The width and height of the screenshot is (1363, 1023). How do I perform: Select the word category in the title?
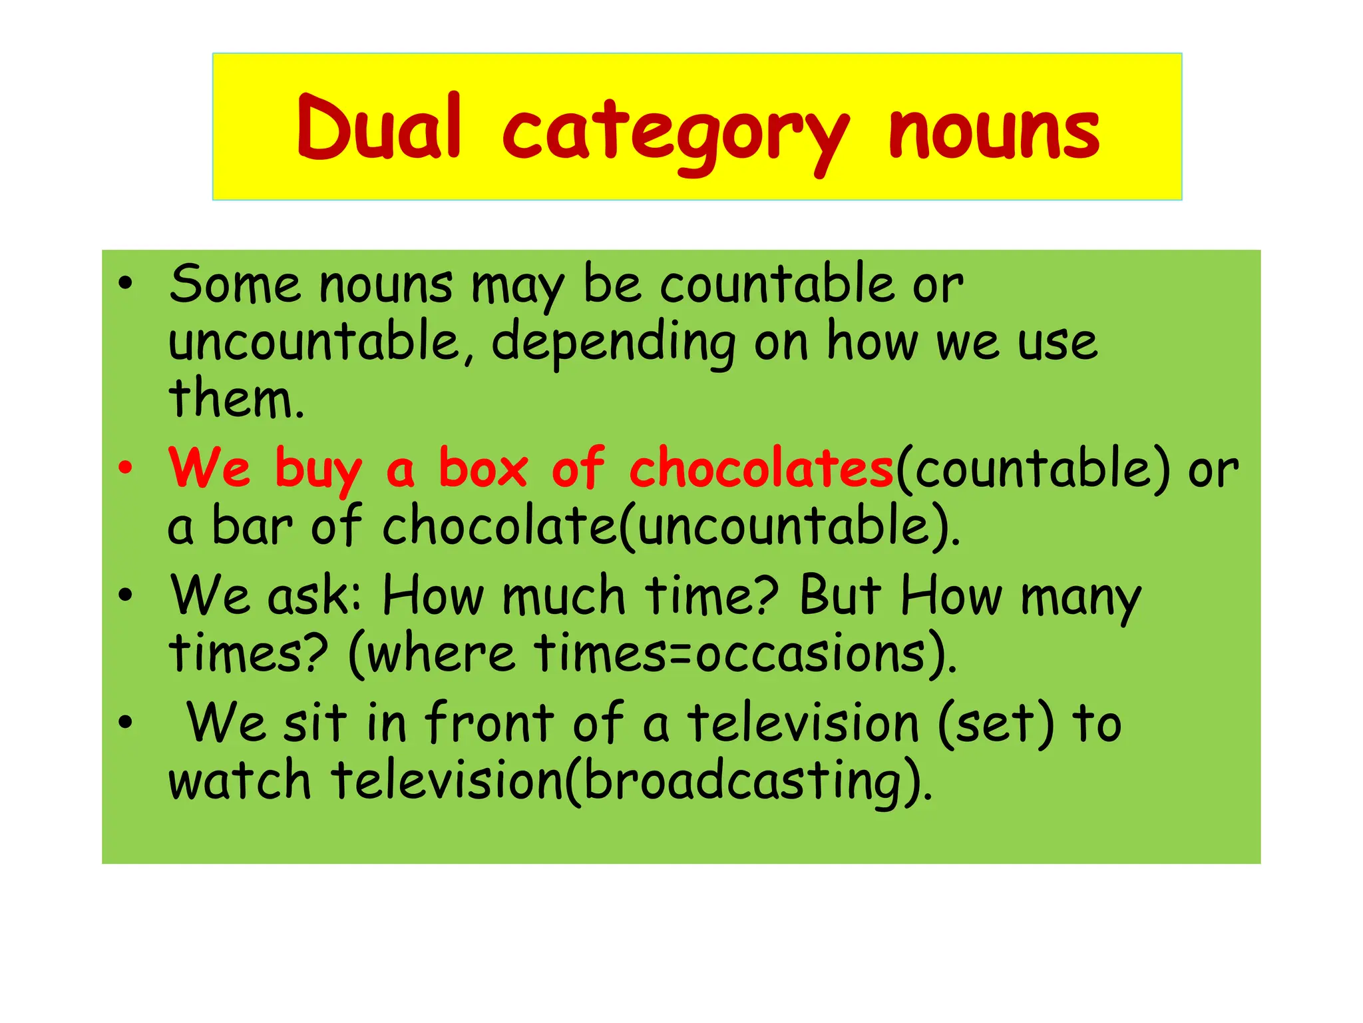coord(676,133)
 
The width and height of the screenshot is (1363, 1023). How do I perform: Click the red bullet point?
coord(125,468)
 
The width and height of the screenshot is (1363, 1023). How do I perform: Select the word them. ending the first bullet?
coord(236,399)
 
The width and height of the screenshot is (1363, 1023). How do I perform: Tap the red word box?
coord(483,468)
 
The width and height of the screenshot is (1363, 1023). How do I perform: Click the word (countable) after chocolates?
coord(1032,470)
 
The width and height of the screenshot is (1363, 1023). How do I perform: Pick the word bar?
coord(252,526)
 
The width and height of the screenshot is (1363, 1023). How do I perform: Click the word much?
coord(563,595)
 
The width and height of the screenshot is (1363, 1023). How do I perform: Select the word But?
coord(840,595)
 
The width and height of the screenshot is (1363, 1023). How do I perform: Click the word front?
coord(489,723)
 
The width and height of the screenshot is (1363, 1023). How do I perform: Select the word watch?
coord(240,781)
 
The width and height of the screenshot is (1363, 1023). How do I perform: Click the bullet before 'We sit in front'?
coord(125,722)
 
